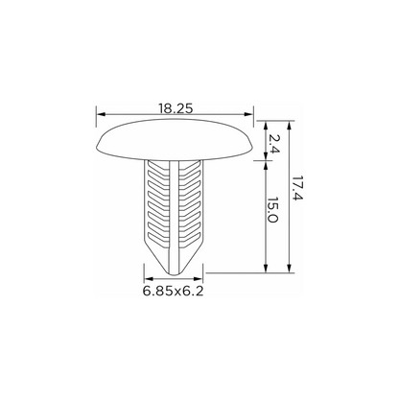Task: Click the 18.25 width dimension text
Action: click(176, 108)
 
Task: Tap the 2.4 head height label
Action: click(273, 144)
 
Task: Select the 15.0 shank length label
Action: click(272, 210)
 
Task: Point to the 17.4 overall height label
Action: click(297, 188)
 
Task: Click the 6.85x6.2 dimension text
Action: click(173, 292)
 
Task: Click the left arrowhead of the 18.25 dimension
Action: click(101, 114)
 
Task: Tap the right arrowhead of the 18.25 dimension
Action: click(248, 114)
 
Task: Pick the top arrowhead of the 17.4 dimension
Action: click(290, 126)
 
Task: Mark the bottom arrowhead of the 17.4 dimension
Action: click(290, 269)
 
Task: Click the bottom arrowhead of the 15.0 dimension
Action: click(266, 269)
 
